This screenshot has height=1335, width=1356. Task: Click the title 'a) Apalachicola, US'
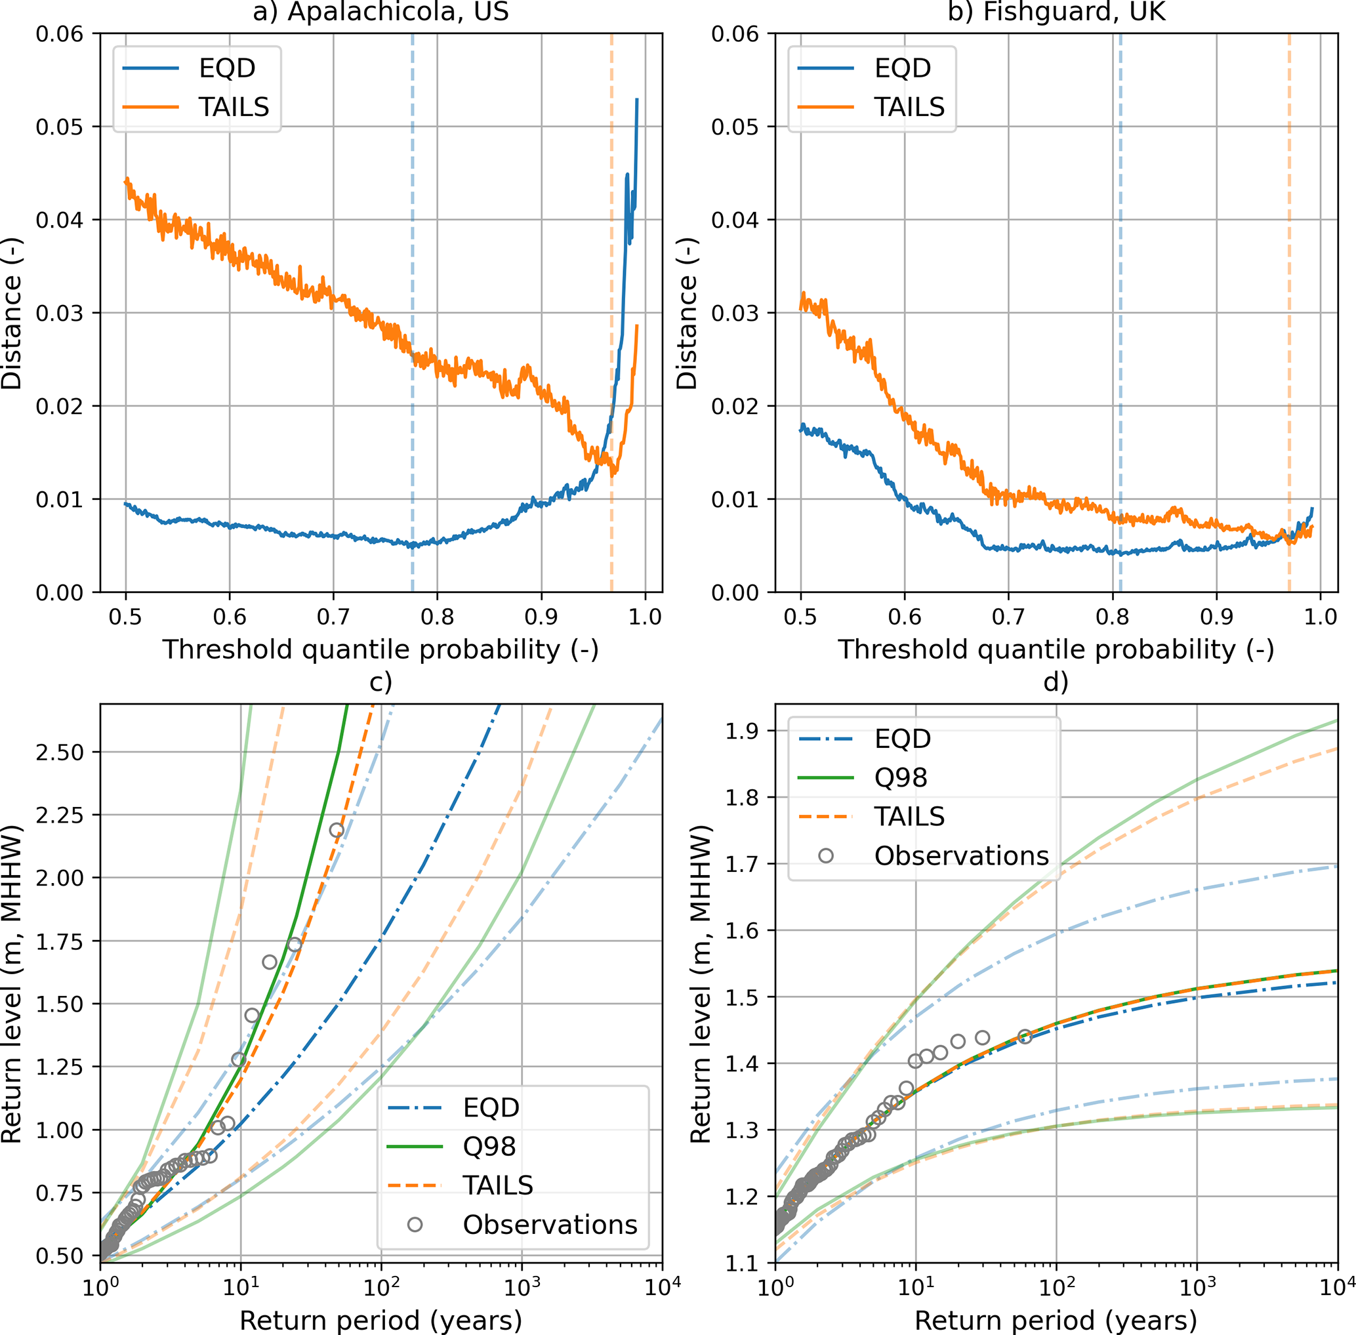click(380, 12)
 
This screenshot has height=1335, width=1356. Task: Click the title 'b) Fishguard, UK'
click(1056, 12)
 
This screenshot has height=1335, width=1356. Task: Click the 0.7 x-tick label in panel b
click(1008, 617)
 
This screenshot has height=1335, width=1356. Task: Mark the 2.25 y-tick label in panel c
click(59, 815)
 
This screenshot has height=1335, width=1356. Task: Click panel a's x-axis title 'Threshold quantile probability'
click(380, 649)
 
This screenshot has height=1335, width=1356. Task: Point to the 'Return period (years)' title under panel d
click(1056, 1321)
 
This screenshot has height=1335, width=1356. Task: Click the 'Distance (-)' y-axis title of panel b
click(687, 313)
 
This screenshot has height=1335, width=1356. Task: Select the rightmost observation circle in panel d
click(1024, 1037)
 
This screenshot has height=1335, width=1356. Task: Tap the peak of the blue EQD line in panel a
click(636, 100)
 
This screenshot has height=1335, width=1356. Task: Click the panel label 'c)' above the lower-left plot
click(380, 682)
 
